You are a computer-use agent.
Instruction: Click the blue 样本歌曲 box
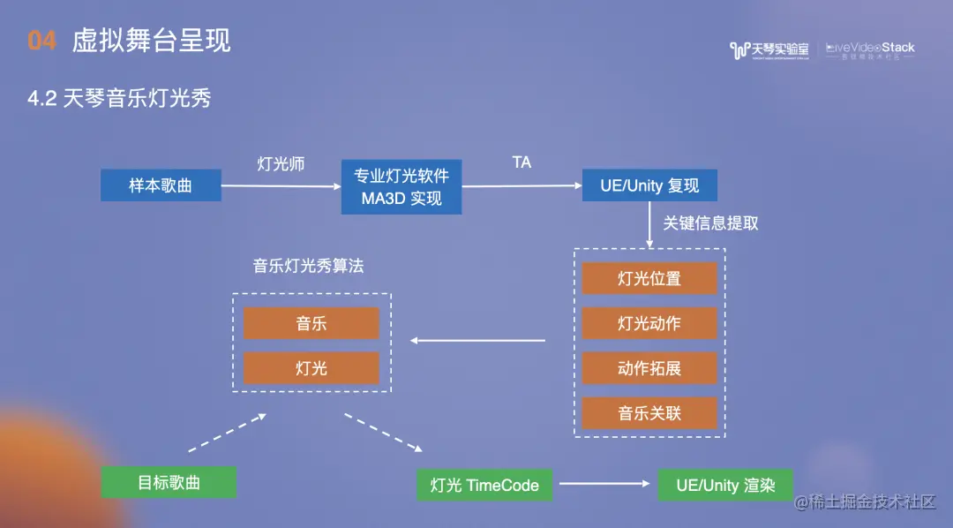pos(161,185)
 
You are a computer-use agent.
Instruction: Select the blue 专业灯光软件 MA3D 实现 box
pos(401,186)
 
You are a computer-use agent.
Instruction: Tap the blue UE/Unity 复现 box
pos(649,185)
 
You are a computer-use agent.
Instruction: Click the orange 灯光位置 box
pos(649,278)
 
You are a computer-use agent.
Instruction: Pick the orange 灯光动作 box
pos(649,323)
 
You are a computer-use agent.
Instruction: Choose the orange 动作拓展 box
pos(649,368)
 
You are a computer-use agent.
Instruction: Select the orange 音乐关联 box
pos(649,413)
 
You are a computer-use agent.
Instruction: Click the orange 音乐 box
pos(311,323)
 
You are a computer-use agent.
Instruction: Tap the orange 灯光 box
pos(311,368)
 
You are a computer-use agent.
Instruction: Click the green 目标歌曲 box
pos(169,482)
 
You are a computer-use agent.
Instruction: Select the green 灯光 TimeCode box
pos(484,485)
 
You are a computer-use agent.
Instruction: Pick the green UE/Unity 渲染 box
pos(725,485)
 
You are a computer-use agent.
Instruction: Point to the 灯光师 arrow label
pos(281,164)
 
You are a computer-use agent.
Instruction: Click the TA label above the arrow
pos(522,162)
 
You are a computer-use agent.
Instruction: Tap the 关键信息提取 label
pos(710,223)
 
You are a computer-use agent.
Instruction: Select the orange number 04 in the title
pos(42,41)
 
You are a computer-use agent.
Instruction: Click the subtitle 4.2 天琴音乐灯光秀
pos(119,98)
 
